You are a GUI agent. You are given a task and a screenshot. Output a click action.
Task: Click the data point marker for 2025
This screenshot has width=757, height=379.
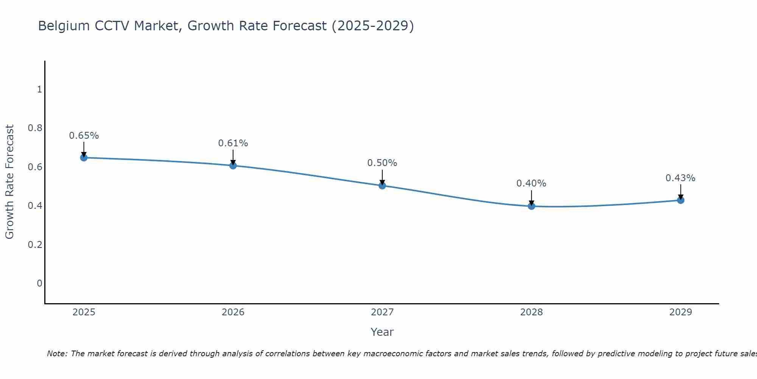point(84,158)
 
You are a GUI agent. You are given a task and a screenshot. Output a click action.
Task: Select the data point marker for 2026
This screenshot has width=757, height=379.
point(233,166)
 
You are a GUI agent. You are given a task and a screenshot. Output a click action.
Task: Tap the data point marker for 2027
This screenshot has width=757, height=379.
point(382,186)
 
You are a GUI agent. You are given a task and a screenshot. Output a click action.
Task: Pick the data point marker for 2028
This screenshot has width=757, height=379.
point(531,206)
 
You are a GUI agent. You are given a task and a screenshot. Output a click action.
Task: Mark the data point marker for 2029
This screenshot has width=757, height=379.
point(681,200)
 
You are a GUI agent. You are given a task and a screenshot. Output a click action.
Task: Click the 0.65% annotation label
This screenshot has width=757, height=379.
point(84,136)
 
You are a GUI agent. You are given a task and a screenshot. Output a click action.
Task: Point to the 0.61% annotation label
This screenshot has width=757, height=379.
point(233,143)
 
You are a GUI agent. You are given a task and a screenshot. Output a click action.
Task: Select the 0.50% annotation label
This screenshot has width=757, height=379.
point(382,163)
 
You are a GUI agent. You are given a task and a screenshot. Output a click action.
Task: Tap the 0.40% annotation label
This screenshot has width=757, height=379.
point(531,183)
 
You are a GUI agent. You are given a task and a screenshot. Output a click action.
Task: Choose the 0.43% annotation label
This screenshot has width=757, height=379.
point(681,178)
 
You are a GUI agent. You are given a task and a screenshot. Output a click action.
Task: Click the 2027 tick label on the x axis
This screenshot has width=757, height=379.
point(382,312)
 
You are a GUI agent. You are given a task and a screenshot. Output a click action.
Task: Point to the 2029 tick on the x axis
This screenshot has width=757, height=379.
point(681,312)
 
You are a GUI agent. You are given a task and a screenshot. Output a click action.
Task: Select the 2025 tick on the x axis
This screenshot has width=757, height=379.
point(84,312)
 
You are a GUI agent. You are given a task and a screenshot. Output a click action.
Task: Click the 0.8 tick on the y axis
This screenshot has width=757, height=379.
point(35,128)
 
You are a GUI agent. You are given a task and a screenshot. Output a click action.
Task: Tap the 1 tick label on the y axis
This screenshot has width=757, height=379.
point(39,89)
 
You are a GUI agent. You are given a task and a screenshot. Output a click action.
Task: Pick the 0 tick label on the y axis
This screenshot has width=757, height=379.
point(39,283)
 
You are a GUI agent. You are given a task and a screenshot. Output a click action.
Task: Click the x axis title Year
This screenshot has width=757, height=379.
point(382,332)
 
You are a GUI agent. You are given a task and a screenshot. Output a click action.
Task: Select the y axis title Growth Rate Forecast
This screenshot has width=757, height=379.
point(10,182)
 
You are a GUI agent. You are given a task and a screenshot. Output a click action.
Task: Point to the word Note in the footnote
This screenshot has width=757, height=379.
point(57,354)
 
